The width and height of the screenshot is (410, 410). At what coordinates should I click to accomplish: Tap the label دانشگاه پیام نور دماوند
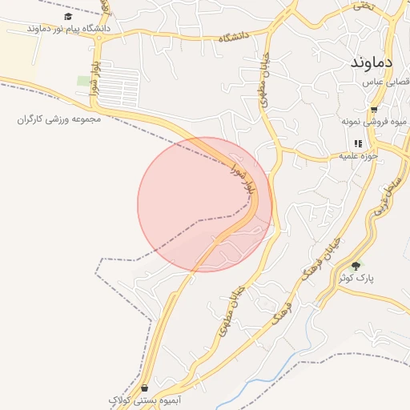68,28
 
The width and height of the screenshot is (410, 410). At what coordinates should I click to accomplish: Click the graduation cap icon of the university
68,16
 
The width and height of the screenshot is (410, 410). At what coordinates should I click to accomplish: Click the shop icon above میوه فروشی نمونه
373,110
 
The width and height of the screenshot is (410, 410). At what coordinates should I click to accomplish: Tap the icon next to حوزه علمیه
358,143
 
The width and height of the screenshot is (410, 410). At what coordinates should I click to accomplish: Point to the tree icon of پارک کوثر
356,265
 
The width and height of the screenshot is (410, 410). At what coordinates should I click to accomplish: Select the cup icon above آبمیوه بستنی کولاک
143,388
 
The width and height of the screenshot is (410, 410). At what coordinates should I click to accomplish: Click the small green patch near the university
83,81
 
